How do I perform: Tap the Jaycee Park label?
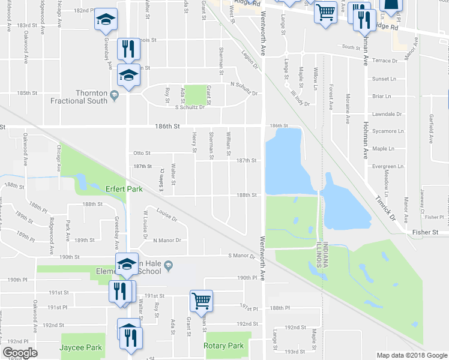pyautogui.click(x=79, y=347)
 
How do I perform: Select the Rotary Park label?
pyautogui.click(x=223, y=346)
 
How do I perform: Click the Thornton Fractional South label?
pyautogui.click(x=91, y=97)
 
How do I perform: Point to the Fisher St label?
pyautogui.click(x=426, y=232)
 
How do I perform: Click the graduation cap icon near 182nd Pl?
pyautogui.click(x=106, y=20)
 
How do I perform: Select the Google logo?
pyautogui.click(x=20, y=352)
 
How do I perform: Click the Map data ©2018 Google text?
pyautogui.click(x=412, y=355)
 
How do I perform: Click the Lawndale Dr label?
pyautogui.click(x=387, y=114)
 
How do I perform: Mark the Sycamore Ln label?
pyautogui.click(x=387, y=130)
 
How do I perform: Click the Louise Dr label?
pyautogui.click(x=166, y=215)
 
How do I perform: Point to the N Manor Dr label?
pyautogui.click(x=167, y=241)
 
